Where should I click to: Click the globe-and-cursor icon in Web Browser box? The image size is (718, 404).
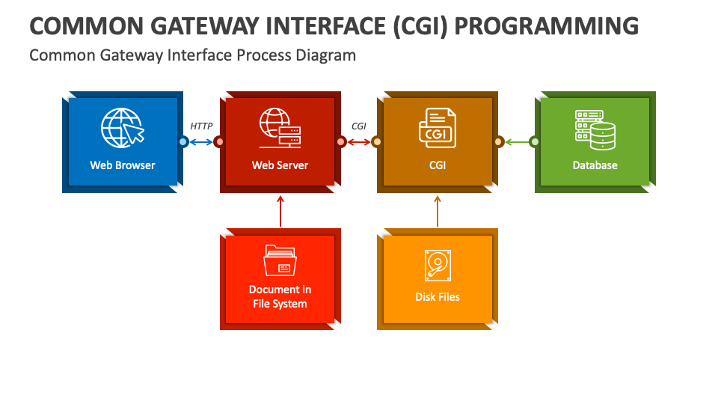[x=123, y=128]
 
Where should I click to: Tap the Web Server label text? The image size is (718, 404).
[x=280, y=165]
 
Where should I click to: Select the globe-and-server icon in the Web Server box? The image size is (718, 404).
[x=280, y=128]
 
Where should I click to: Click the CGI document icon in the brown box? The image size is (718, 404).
[x=438, y=128]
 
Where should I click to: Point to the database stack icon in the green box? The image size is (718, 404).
[x=595, y=129]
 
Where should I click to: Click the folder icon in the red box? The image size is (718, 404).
[x=280, y=260]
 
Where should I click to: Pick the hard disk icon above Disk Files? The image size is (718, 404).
[x=438, y=265]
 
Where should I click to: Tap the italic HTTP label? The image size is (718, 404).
[x=201, y=126]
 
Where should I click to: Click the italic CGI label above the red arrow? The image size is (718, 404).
[x=359, y=126]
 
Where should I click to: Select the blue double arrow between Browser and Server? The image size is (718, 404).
[x=201, y=142]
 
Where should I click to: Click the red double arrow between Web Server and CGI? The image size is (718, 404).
[x=359, y=142]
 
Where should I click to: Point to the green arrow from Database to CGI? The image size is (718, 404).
[x=517, y=142]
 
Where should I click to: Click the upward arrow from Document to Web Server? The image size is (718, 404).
[x=280, y=211]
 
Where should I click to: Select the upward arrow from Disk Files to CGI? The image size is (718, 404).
[x=438, y=211]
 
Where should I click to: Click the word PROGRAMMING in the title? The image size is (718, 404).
[x=546, y=26]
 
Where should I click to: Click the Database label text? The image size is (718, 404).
[x=595, y=165]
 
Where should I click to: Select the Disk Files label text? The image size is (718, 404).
[x=438, y=297]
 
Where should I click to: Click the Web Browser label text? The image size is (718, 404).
[x=122, y=165]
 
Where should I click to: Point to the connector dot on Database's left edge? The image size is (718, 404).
[x=535, y=142]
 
